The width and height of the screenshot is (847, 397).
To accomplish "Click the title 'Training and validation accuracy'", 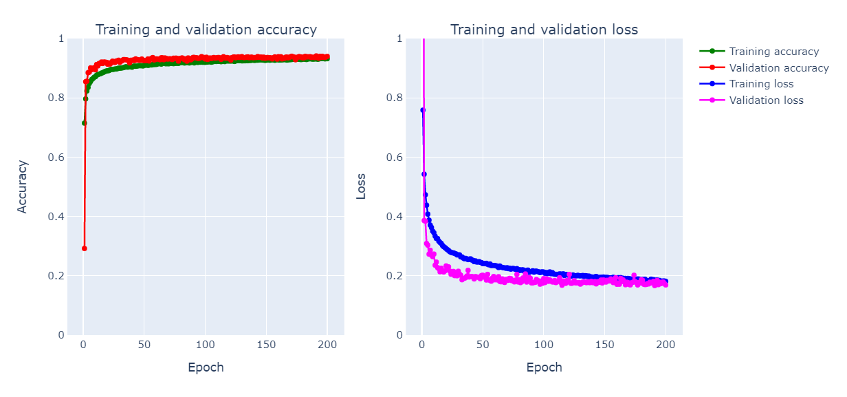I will click(x=206, y=30).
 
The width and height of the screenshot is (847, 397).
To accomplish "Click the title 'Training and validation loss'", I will click(x=544, y=30).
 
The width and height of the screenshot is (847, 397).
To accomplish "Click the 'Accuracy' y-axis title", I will click(x=23, y=186).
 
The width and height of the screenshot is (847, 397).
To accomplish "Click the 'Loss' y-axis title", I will click(x=361, y=186).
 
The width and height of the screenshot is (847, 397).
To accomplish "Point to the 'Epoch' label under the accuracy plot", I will click(x=206, y=367).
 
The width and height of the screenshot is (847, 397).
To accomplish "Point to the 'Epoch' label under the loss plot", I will click(x=544, y=367).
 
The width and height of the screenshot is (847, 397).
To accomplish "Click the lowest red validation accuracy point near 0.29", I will click(x=85, y=248).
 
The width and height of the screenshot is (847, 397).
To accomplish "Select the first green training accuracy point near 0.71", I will click(x=84, y=123).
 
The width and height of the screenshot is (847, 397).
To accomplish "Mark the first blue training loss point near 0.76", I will click(x=422, y=110).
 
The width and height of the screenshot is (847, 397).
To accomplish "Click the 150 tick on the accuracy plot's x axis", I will click(x=266, y=344).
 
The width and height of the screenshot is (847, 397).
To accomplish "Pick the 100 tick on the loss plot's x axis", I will click(x=544, y=344).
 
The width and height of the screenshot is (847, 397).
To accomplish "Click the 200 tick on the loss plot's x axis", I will click(x=665, y=344).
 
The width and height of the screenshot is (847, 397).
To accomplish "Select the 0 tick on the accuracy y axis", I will click(x=60, y=335).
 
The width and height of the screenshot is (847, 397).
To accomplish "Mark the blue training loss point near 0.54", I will click(x=423, y=174).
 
